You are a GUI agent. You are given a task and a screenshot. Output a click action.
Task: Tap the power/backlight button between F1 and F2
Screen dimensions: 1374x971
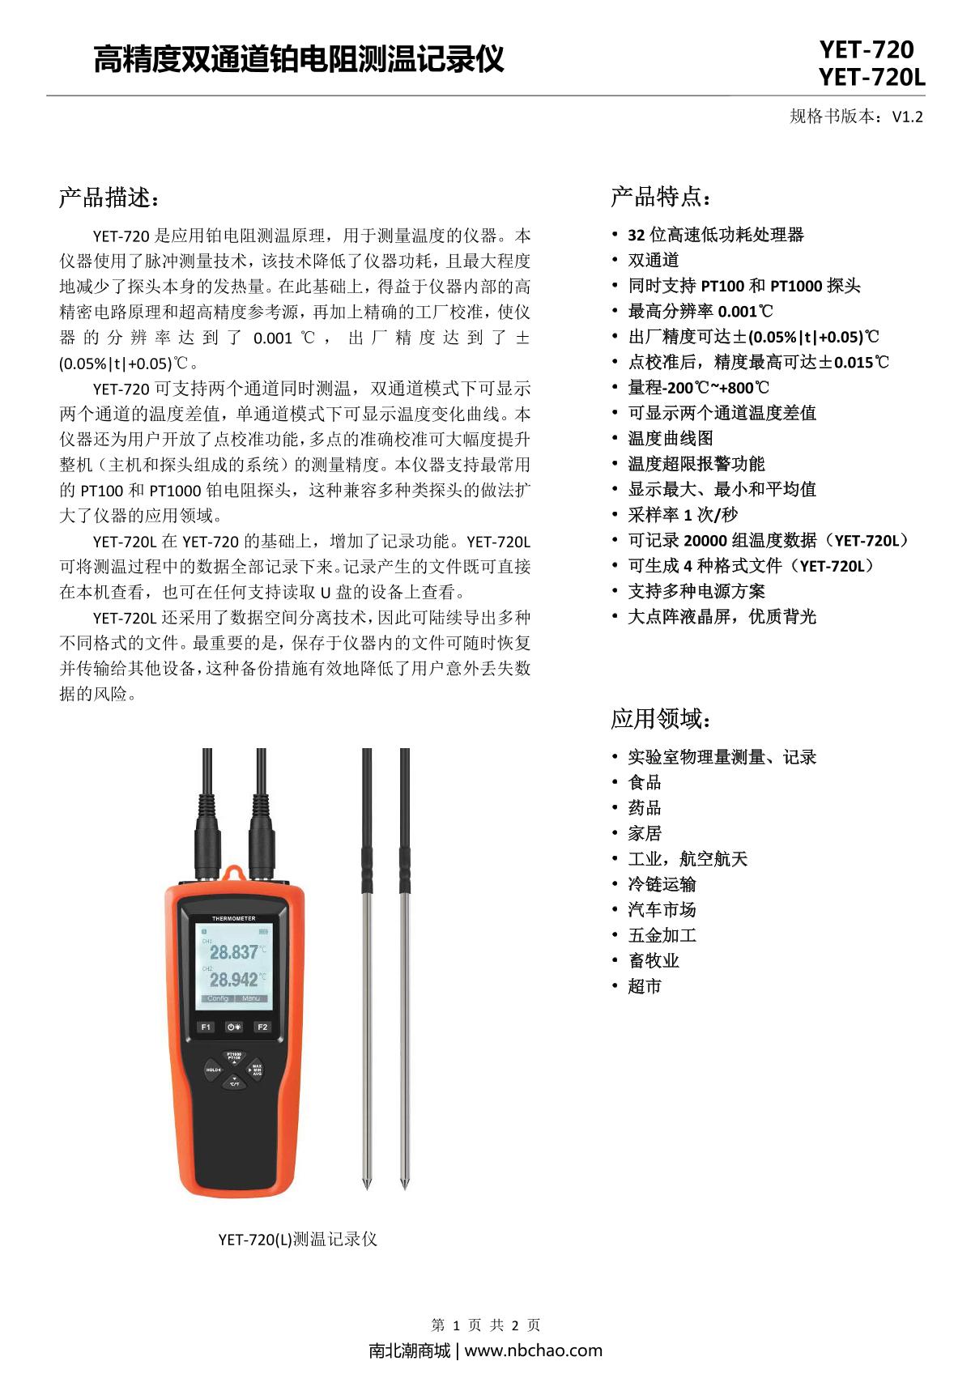tap(234, 1027)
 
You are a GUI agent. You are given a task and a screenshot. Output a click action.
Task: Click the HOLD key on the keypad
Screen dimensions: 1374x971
tap(213, 1070)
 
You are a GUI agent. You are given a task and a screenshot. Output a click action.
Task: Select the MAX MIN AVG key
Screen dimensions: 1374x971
tap(256, 1070)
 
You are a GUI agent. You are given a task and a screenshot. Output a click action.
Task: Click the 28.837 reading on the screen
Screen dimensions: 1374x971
tap(234, 952)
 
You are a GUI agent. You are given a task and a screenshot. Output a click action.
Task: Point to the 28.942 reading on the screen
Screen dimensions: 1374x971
tap(234, 980)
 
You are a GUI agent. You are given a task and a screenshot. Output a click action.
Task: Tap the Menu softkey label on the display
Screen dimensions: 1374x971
tap(251, 998)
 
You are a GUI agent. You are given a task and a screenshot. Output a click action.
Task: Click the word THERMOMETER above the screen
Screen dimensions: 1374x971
tap(233, 919)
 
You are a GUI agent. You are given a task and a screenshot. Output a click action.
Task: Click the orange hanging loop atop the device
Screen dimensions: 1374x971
tap(234, 873)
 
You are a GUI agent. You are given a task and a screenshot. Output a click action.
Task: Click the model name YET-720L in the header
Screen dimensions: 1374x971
tap(871, 78)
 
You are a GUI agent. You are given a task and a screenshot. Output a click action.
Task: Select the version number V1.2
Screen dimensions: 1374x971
tap(907, 117)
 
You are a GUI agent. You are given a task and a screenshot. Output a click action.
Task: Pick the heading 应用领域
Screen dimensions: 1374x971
tap(661, 718)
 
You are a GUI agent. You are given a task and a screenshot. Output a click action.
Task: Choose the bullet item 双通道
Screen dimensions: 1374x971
tap(654, 260)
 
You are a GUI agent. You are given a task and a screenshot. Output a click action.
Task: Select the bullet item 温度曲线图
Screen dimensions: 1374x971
tap(671, 438)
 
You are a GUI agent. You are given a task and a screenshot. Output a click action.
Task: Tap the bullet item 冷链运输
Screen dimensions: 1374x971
tap(662, 884)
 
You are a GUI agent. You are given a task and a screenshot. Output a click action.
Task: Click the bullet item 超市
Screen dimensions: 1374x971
tap(645, 986)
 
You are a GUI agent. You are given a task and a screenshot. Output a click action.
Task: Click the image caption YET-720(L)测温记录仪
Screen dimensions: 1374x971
tap(297, 1240)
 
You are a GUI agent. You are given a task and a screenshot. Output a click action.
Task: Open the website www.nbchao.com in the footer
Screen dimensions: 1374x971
tap(533, 1351)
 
